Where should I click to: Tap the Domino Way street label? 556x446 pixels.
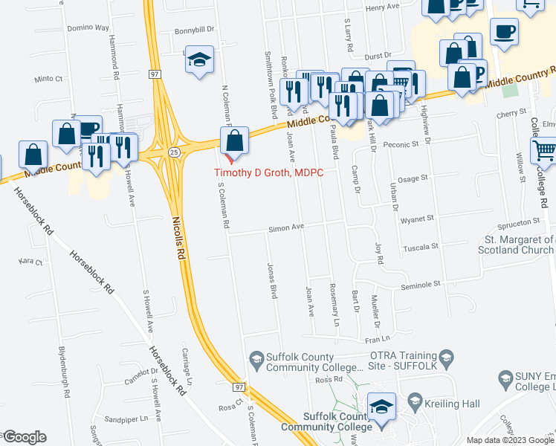[x=88, y=28]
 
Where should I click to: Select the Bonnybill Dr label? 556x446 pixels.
[x=194, y=30]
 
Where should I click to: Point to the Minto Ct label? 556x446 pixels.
[x=48, y=78]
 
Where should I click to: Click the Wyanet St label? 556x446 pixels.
[x=417, y=219]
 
